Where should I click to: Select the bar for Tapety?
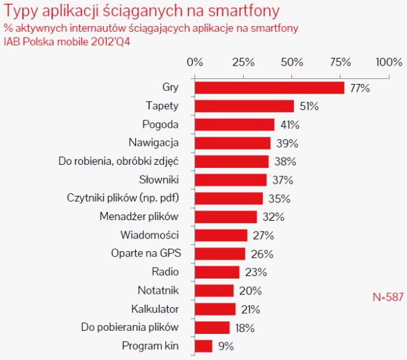point(244,106)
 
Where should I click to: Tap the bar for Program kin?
point(203,346)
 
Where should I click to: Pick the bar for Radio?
point(217,272)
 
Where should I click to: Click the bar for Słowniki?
point(230,180)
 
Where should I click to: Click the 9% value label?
point(225,347)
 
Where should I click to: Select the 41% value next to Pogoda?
point(290,125)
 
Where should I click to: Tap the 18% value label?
point(244,328)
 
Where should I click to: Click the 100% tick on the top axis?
point(389,62)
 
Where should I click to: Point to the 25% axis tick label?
point(243,62)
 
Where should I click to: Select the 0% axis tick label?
point(195,62)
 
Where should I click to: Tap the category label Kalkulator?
point(155,309)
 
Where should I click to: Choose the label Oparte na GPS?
point(146,254)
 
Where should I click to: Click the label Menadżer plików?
point(139,216)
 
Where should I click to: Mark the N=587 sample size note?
point(387,296)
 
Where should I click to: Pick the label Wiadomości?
point(149,235)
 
